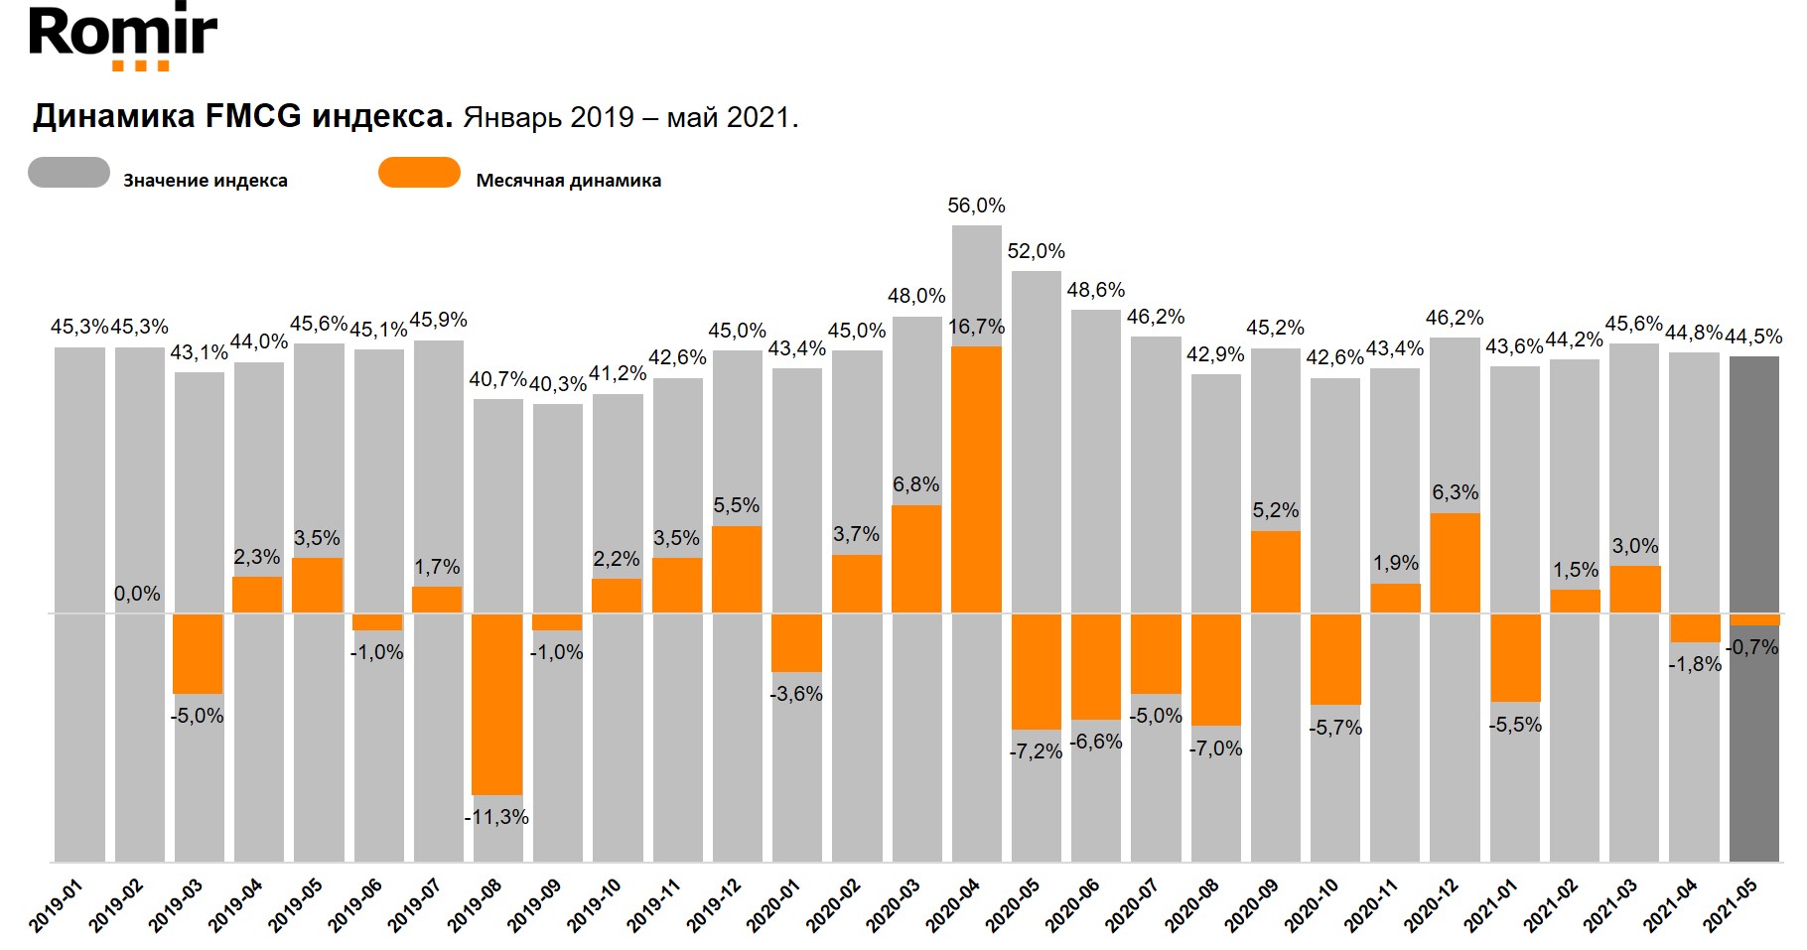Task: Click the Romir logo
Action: [x=123, y=37]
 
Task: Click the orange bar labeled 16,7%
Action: [x=976, y=478]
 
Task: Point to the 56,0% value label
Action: [x=976, y=205]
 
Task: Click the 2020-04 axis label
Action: [x=953, y=904]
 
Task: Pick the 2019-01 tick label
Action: [x=57, y=904]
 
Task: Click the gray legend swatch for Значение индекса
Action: [x=69, y=173]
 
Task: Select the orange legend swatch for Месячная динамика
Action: [x=419, y=173]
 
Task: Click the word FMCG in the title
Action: [x=253, y=117]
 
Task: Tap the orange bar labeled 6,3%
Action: [x=1455, y=562]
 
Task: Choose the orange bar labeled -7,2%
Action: [x=1036, y=671]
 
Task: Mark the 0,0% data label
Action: [x=137, y=594]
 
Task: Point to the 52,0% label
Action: [x=1036, y=251]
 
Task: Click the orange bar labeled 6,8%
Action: [x=916, y=558]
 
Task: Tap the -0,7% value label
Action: [x=1752, y=647]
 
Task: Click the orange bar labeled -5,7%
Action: [x=1335, y=659]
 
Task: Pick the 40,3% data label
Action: [x=557, y=384]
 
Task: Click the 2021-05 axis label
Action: [x=1731, y=904]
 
